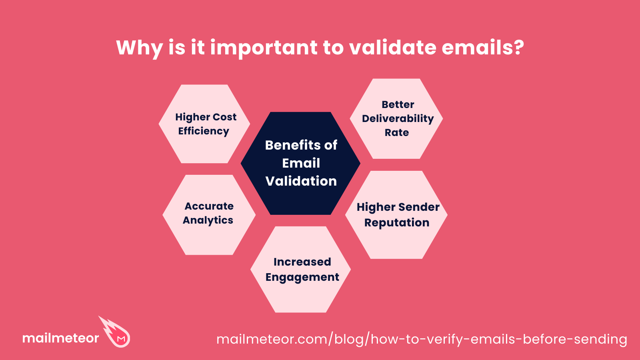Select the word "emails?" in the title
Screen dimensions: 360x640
(483, 48)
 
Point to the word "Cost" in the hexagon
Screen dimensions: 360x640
(225, 117)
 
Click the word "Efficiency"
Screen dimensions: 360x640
(204, 131)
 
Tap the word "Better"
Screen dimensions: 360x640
(398, 104)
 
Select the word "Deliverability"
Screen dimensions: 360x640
(398, 119)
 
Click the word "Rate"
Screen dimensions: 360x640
(397, 132)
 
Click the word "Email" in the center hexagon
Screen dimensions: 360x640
(301, 163)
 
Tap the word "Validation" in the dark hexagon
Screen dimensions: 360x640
(301, 181)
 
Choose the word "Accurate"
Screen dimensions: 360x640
(209, 206)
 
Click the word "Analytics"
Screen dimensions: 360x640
(208, 220)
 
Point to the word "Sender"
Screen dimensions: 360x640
(420, 207)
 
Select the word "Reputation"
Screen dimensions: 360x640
(396, 223)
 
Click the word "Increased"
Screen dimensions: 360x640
(302, 262)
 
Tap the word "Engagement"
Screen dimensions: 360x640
(302, 277)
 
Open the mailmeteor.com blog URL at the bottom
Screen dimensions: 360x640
(422, 339)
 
